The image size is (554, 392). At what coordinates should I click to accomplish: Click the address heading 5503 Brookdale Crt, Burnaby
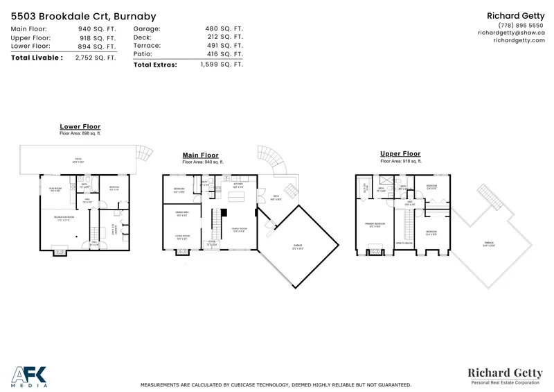[x=83, y=16]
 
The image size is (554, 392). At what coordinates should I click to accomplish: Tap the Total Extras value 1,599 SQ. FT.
[x=222, y=65]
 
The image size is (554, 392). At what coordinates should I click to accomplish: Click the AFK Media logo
[x=29, y=375]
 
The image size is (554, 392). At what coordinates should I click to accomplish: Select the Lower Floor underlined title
[x=80, y=127]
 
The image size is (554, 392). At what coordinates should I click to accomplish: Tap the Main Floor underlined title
[x=200, y=155]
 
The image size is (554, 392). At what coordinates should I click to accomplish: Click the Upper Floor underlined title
[x=400, y=154]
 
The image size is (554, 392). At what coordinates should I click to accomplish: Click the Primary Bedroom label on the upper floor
[x=374, y=224]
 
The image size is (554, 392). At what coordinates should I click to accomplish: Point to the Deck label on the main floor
[x=276, y=196]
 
